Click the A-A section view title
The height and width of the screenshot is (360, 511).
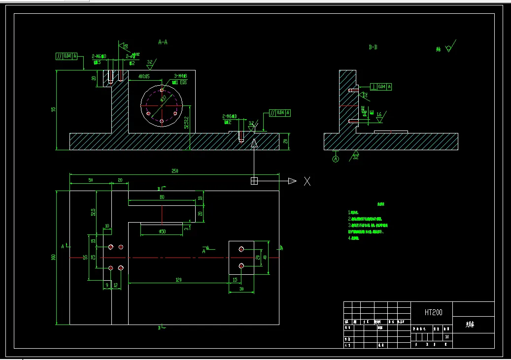point(163,42)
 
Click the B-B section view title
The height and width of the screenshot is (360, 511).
point(373,47)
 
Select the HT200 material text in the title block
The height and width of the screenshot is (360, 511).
point(433,312)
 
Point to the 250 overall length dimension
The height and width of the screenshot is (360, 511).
point(174,171)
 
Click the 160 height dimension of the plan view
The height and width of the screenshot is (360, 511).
point(54,257)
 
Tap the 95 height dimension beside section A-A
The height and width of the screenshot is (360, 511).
point(54,109)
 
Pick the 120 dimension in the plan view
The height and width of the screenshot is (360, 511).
point(178,280)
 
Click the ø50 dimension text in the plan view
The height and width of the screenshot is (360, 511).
point(162,231)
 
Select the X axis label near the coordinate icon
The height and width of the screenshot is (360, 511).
point(307,181)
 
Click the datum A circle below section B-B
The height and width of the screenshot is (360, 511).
point(336,159)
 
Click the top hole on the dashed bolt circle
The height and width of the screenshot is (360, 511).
point(162,90)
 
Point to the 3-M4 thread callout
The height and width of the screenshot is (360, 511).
point(180,76)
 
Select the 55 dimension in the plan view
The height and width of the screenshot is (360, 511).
point(85,257)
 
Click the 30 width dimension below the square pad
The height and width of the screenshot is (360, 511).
point(241,289)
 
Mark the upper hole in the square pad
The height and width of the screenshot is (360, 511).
point(241,249)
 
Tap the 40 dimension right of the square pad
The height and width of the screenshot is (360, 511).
point(265,257)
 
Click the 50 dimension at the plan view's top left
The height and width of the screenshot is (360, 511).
point(91,180)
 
